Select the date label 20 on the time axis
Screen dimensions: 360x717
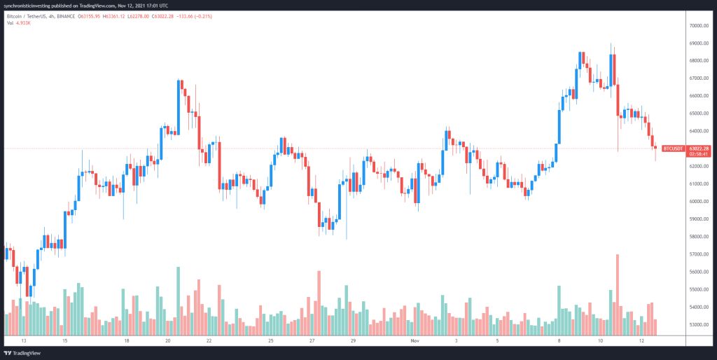point(168,340)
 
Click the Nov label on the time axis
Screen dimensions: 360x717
point(415,340)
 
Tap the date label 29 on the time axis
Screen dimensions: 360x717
point(354,340)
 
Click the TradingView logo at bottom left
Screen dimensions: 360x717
point(24,352)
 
